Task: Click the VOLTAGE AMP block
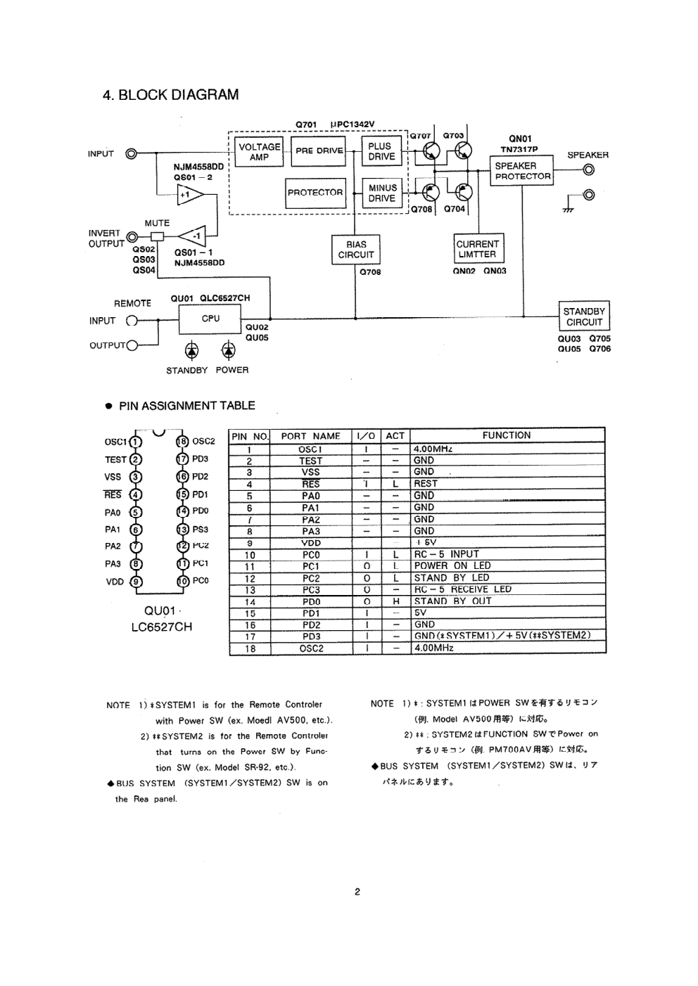[x=259, y=152]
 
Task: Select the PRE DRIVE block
[x=319, y=151]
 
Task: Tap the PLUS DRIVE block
[x=381, y=152]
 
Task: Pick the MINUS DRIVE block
[x=382, y=193]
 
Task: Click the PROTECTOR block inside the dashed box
[x=315, y=192]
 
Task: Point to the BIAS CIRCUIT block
[x=356, y=250]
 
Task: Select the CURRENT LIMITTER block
[x=477, y=250]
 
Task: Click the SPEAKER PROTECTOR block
[x=521, y=172]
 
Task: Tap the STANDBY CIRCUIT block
[x=584, y=316]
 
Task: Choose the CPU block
[x=210, y=319]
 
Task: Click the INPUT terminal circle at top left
[x=131, y=154]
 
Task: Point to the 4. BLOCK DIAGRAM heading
[x=170, y=95]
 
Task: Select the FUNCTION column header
[x=507, y=435]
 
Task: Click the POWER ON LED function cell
[x=452, y=566]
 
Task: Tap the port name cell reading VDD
[x=311, y=543]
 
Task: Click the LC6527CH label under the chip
[x=161, y=627]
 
